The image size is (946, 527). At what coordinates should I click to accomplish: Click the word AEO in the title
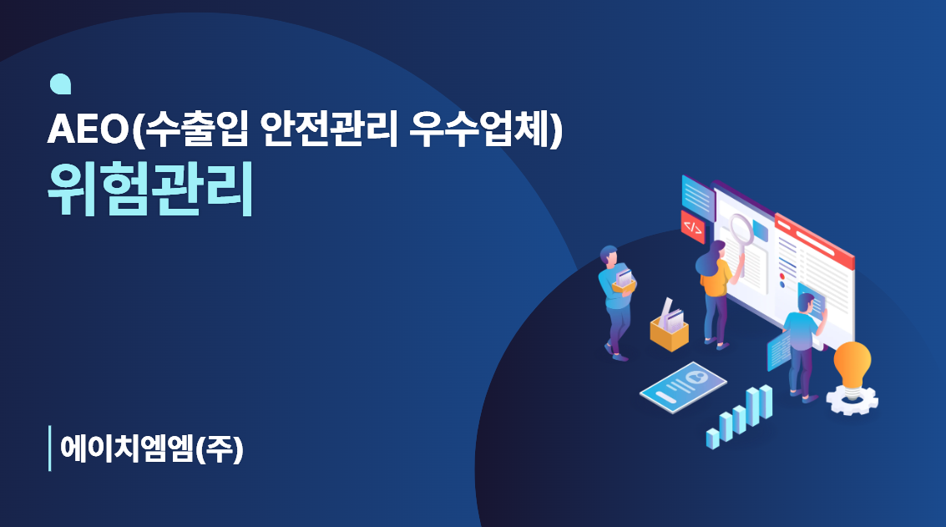(88, 129)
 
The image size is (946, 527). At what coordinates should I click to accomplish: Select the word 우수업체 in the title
(480, 129)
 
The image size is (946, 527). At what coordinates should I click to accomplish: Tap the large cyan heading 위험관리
(150, 189)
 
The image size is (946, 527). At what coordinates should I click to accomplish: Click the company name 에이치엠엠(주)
(151, 448)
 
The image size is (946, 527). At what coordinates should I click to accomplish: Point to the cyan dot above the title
(60, 84)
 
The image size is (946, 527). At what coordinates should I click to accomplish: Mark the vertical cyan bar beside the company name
(49, 448)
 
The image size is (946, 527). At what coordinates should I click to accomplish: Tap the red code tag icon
(693, 227)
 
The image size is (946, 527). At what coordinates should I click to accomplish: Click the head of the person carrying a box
(609, 256)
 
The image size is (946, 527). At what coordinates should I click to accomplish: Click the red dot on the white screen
(782, 276)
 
